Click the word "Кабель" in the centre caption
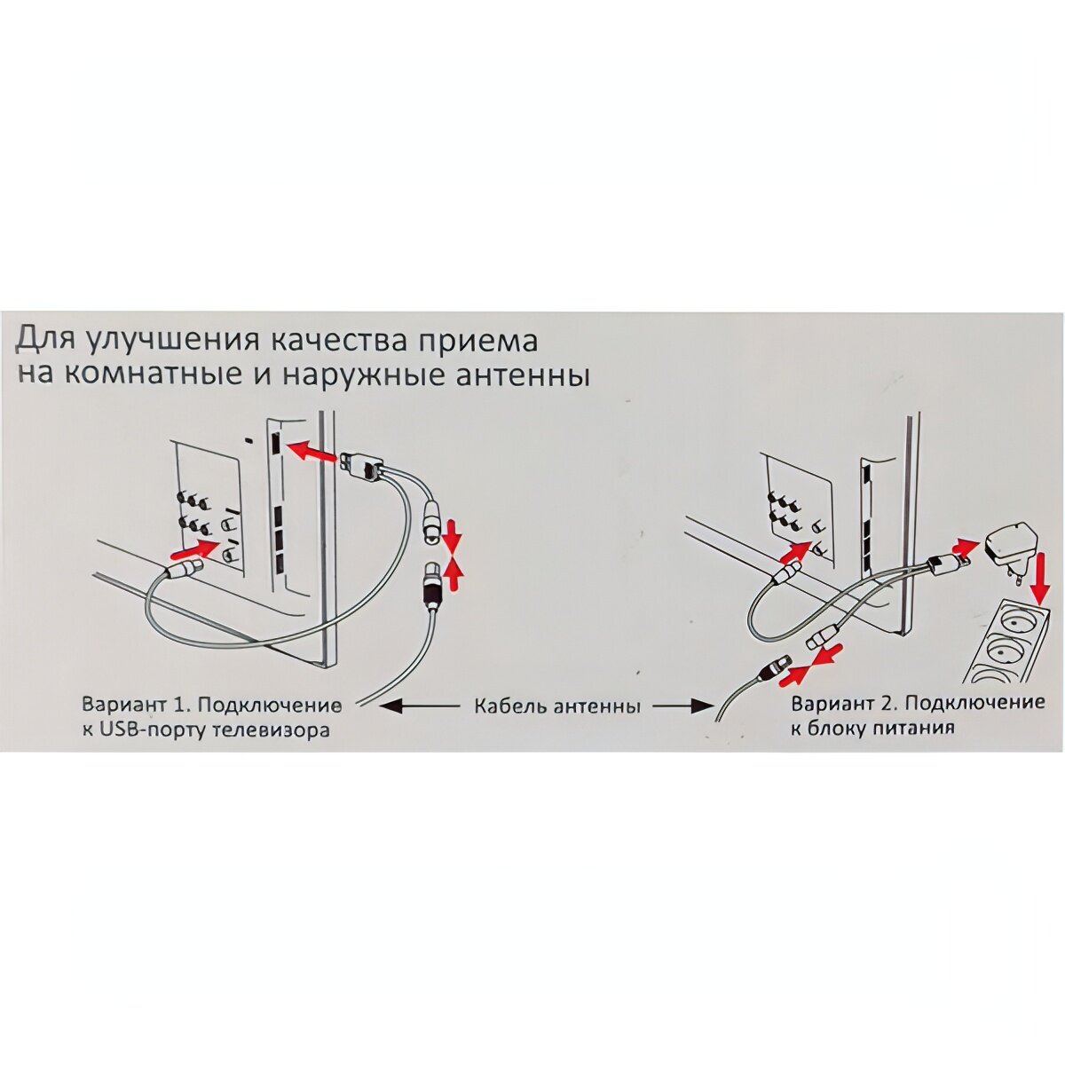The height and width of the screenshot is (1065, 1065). pyautogui.click(x=512, y=707)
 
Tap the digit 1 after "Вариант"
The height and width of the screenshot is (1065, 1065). pyautogui.click(x=177, y=706)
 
